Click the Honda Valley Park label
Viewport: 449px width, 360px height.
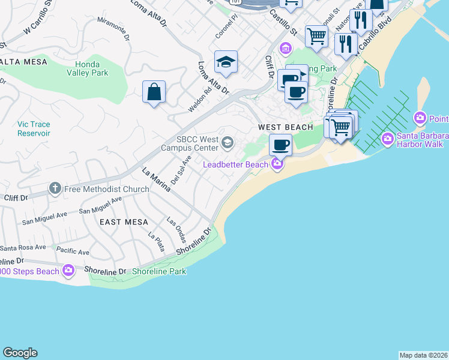[x=92, y=68]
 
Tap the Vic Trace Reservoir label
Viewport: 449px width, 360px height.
[x=34, y=128]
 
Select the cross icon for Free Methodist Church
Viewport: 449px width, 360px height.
[x=55, y=189]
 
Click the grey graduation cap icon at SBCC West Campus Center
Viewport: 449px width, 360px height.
[x=228, y=142]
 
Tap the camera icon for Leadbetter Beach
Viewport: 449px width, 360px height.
[x=277, y=164]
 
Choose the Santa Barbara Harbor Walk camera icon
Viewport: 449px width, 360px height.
[x=388, y=140]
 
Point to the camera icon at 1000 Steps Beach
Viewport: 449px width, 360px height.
[x=68, y=271]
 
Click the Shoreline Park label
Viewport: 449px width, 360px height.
[x=159, y=271]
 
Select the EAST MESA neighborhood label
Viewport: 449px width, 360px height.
[x=124, y=222]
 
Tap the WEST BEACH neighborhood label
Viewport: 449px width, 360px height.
[x=286, y=127]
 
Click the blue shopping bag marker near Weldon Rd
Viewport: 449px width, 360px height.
[x=154, y=92]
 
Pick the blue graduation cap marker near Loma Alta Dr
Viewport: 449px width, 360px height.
[x=226, y=62]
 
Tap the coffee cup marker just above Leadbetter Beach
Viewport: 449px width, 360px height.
[x=280, y=144]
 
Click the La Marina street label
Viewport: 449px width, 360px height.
[x=155, y=179]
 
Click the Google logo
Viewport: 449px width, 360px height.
[x=20, y=353]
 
